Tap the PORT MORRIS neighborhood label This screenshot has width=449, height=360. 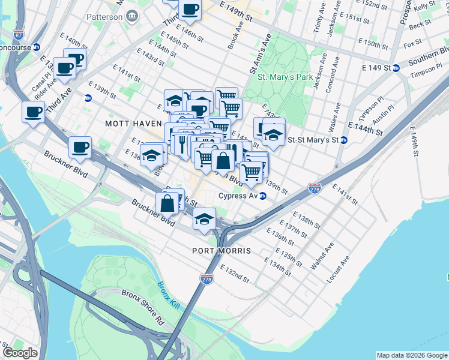tap(221, 250)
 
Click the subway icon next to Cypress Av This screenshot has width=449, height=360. tap(262, 196)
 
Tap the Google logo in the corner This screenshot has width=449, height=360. tap(20, 353)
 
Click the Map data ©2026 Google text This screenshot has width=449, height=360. tap(411, 355)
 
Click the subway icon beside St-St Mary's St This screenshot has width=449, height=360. tap(344, 140)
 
